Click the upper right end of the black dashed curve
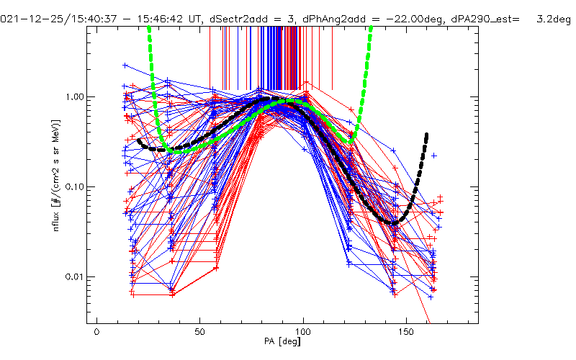point(427,135)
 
